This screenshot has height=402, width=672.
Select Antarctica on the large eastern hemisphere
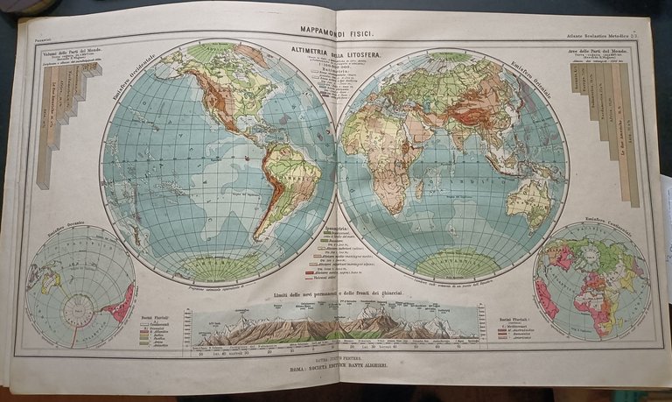pos(454,261)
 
